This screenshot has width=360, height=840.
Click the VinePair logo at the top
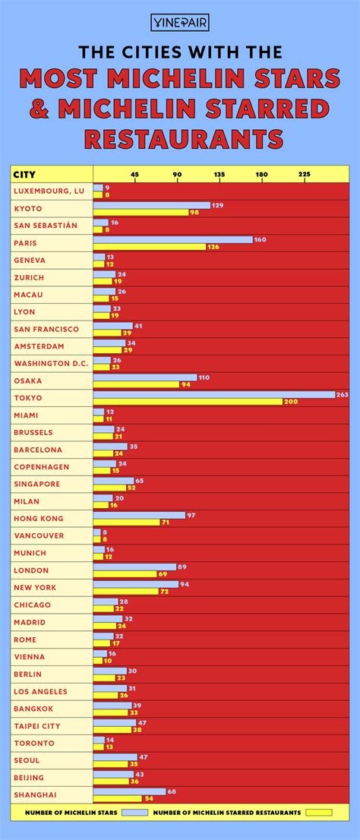point(180,23)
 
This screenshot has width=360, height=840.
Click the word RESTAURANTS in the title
point(180,138)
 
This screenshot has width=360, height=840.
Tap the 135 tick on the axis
point(219,175)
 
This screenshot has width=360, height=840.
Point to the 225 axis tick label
point(304,175)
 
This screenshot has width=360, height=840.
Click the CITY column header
point(25,175)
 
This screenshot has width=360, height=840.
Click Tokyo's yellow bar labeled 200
point(188,402)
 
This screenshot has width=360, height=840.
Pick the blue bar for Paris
point(172,239)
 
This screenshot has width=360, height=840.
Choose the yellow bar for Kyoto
point(141,213)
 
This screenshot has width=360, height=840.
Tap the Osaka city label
point(28,381)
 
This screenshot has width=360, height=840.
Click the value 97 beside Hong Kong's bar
point(191,515)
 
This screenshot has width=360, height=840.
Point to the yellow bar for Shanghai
point(117,798)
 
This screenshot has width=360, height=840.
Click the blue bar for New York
point(136,584)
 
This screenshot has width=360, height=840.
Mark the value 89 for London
point(182,567)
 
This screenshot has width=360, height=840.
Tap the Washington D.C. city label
point(51,364)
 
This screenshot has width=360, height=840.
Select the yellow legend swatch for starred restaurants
point(319,813)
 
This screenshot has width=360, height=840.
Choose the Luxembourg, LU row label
point(49,191)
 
